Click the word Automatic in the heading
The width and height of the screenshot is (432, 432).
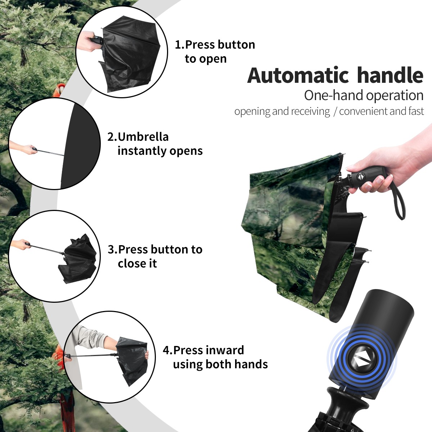298,75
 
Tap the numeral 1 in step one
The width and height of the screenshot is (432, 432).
178,45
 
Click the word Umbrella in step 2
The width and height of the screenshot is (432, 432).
143,137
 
